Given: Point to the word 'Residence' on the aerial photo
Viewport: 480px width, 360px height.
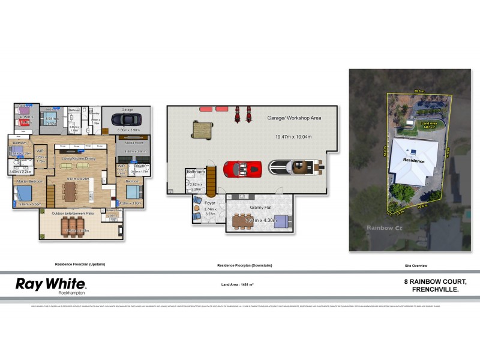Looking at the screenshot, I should click(x=413, y=161).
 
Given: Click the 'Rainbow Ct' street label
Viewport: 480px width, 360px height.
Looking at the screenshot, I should click(x=382, y=227).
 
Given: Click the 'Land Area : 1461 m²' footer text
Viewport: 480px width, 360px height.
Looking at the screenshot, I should click(x=238, y=284).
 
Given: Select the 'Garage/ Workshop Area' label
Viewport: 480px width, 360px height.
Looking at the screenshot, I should click(x=294, y=118).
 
